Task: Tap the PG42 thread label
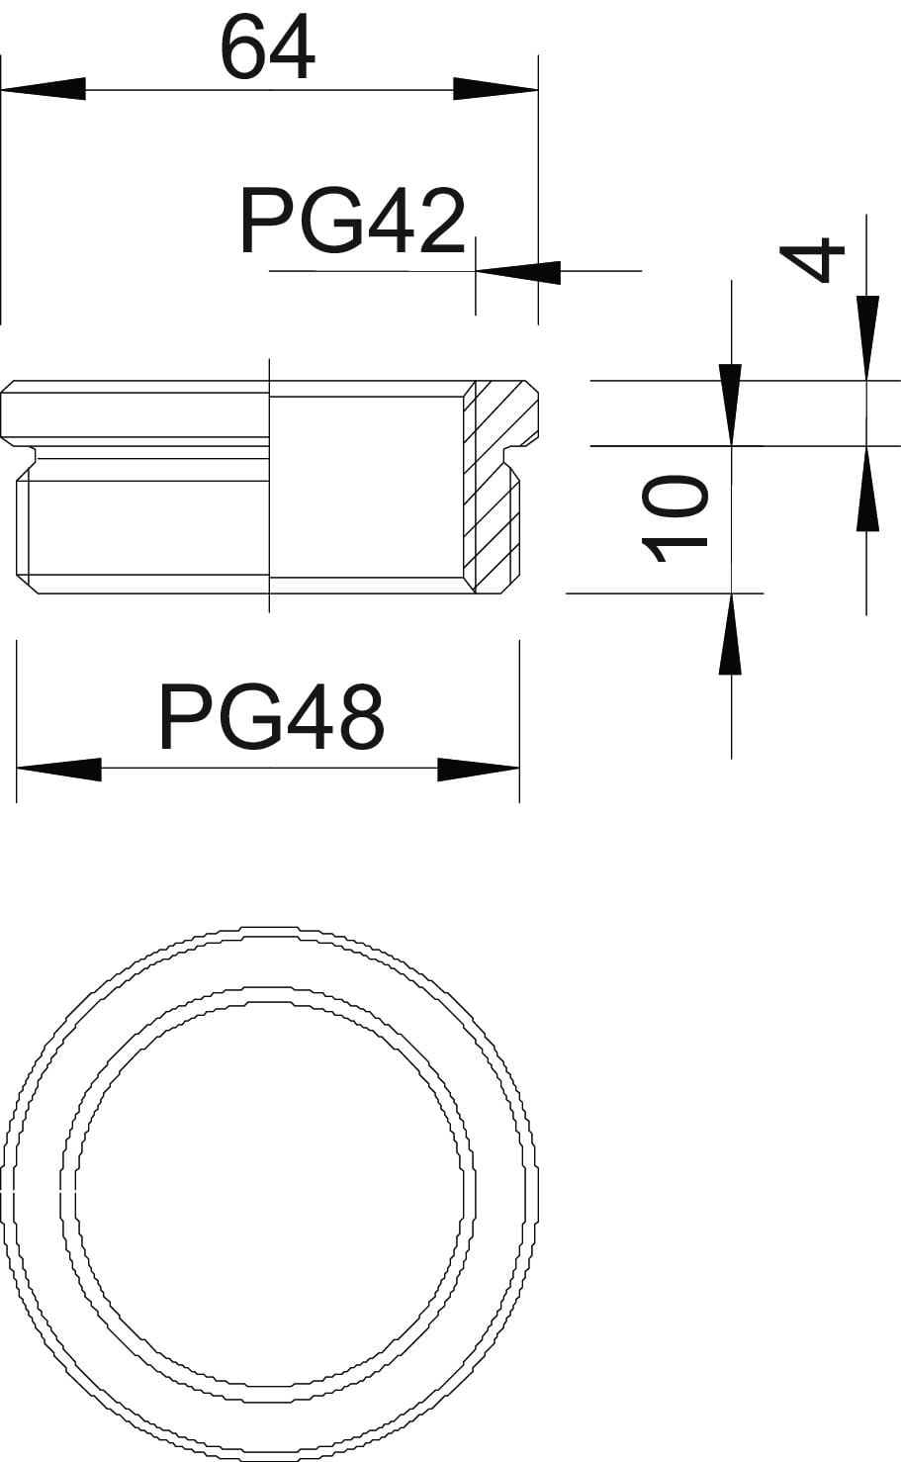[x=353, y=222]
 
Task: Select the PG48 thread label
[x=271, y=716]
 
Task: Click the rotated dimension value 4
[x=812, y=260]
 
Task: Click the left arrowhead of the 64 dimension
[x=44, y=89]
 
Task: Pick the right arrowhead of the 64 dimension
[x=496, y=89]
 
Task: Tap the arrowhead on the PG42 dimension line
[x=518, y=272]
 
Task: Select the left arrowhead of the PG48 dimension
[x=58, y=770]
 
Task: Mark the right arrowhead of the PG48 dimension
[x=479, y=770]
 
